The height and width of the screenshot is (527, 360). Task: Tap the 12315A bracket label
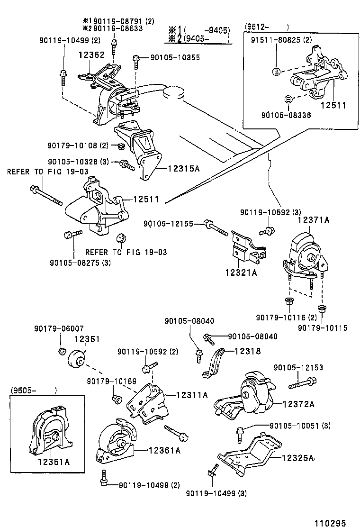pyautogui.click(x=183, y=168)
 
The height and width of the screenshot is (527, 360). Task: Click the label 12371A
pyautogui.click(x=313, y=220)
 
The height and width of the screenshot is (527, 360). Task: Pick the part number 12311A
pyautogui.click(x=192, y=394)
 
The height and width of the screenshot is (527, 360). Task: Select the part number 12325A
pyautogui.click(x=298, y=458)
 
